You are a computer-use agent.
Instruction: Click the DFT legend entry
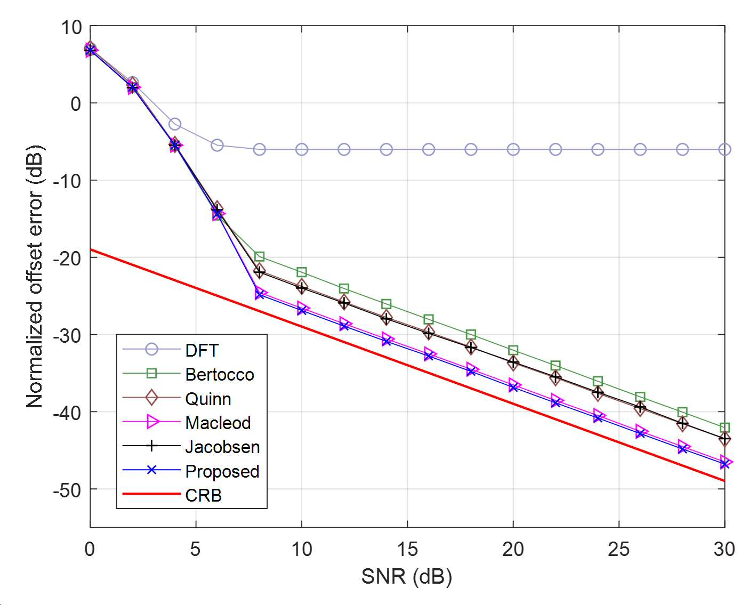pyautogui.click(x=202, y=350)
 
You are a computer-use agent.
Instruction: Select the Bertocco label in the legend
pyautogui.click(x=220, y=375)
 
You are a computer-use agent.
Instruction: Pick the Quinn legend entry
pyautogui.click(x=208, y=399)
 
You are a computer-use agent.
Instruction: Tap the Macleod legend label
pyautogui.click(x=218, y=423)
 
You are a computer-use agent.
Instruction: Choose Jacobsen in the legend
pyautogui.click(x=222, y=447)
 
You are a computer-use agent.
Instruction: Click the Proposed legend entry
pyautogui.click(x=222, y=471)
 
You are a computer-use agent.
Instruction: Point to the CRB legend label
pyautogui.click(x=204, y=495)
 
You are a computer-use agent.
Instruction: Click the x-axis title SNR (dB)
pyautogui.click(x=407, y=577)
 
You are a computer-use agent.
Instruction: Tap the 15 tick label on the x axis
pyautogui.click(x=407, y=549)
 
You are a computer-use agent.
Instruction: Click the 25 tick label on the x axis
pyautogui.click(x=618, y=549)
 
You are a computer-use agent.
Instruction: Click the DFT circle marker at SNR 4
pyautogui.click(x=174, y=124)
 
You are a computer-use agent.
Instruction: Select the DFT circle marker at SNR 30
pyautogui.click(x=725, y=150)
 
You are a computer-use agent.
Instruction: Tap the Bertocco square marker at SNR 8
pyautogui.click(x=259, y=256)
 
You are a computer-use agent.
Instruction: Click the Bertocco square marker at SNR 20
pyautogui.click(x=513, y=350)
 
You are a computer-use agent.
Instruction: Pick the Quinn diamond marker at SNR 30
pyautogui.click(x=725, y=439)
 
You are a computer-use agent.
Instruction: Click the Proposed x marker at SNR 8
pyautogui.click(x=259, y=295)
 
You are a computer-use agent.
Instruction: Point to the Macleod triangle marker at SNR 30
pyautogui.click(x=726, y=462)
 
